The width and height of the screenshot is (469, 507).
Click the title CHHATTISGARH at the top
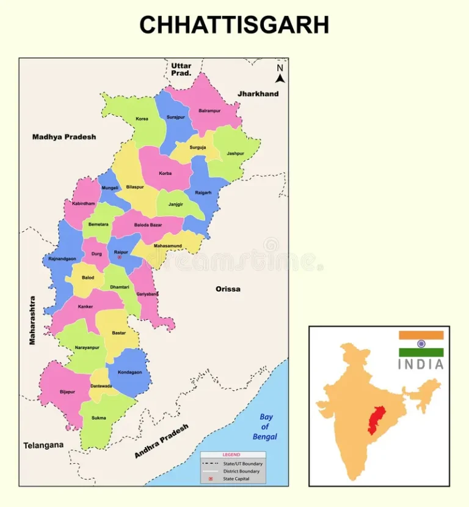[234, 25]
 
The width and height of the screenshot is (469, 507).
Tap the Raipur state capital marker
[119, 257]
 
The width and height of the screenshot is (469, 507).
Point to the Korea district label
[142, 119]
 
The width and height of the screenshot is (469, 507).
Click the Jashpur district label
[235, 154]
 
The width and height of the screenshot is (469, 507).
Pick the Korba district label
[165, 173]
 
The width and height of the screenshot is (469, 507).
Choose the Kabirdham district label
[84, 203]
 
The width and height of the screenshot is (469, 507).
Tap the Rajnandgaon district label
[62, 259]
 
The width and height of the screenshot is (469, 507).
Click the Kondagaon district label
[129, 372]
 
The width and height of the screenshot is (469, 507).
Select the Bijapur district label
[67, 391]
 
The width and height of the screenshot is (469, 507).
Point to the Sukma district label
[98, 418]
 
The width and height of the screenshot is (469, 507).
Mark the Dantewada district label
[101, 386]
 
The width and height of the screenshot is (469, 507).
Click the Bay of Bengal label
[265, 427]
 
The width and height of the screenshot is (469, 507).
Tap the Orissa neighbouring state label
[228, 289]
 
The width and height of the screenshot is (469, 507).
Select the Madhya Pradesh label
[64, 137]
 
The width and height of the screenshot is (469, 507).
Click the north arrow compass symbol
[280, 73]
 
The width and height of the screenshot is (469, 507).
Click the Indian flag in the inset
[421, 344]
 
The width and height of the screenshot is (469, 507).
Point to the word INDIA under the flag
[421, 365]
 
